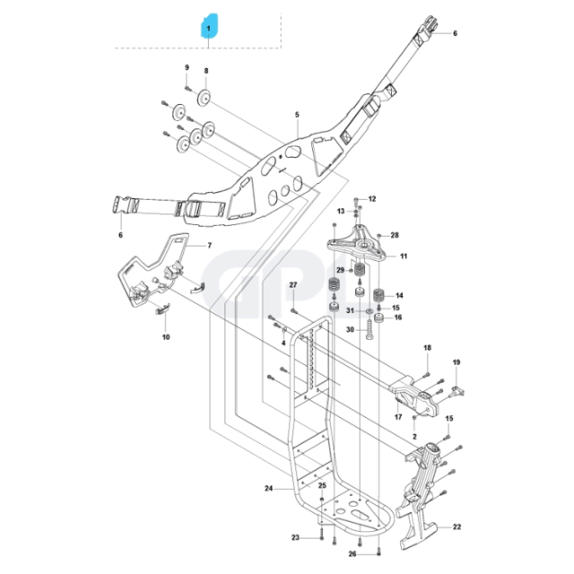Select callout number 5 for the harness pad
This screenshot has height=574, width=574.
(296, 115)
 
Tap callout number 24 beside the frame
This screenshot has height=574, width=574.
(268, 489)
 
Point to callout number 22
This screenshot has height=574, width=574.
(457, 527)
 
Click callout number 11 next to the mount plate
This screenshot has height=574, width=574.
(403, 256)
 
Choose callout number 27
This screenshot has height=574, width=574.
(292, 285)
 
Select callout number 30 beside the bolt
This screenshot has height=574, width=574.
(349, 329)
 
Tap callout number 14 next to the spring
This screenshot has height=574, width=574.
(399, 295)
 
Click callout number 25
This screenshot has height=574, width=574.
(323, 485)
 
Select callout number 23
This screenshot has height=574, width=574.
(293, 537)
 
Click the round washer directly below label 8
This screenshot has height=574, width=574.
(204, 98)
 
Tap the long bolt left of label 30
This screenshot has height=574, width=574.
(369, 331)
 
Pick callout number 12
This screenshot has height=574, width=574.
(372, 198)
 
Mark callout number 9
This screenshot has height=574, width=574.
(187, 69)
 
